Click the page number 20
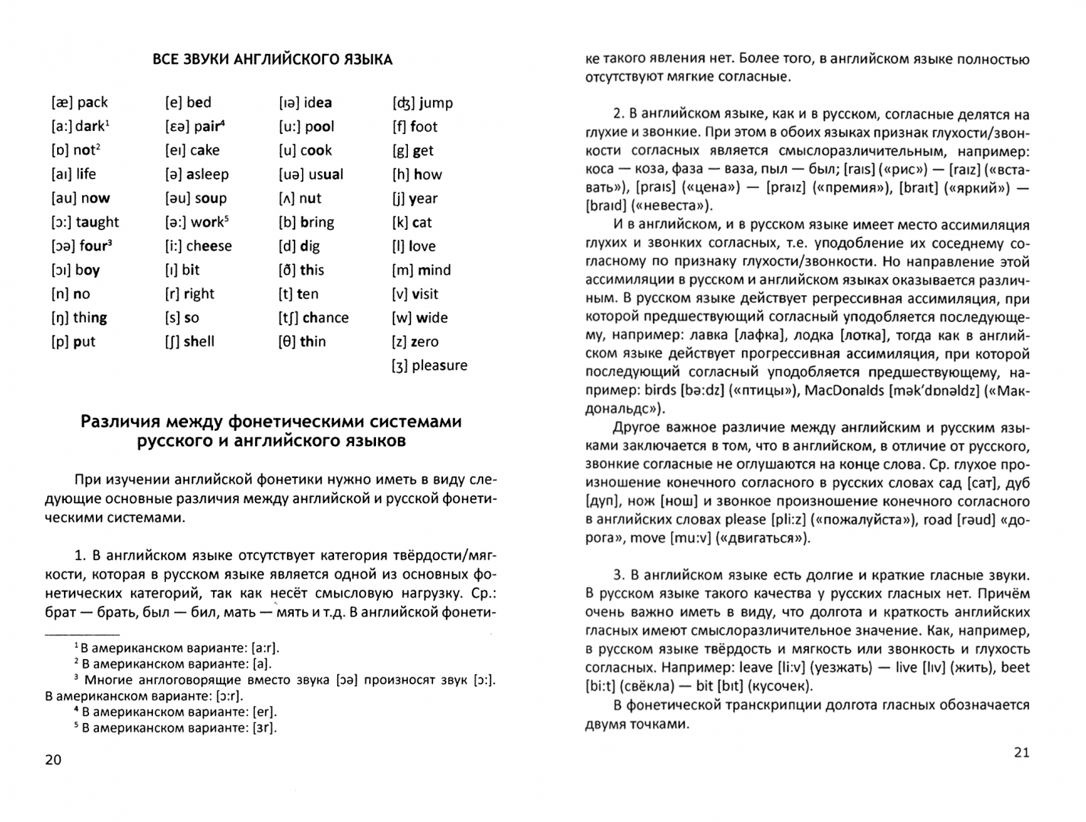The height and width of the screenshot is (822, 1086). pos(53,760)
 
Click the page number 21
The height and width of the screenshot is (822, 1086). pos(1021,752)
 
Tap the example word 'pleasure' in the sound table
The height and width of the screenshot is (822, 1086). pos(439,365)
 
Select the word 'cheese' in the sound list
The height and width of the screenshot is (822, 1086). pos(209,246)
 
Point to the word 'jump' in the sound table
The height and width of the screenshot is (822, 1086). pos(435,103)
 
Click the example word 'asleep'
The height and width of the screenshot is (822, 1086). pos(207,174)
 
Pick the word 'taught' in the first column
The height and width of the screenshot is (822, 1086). pos(97,222)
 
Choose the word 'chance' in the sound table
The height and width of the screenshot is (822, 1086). pos(326,317)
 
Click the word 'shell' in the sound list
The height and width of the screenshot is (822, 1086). pos(199,342)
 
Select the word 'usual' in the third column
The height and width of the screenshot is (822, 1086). pos(326,174)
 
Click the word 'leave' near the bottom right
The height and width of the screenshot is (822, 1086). pos(756,667)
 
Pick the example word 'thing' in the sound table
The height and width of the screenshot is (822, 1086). pos(90,317)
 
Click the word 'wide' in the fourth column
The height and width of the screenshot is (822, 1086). pos(432,317)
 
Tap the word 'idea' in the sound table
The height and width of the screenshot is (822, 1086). pos(317,103)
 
